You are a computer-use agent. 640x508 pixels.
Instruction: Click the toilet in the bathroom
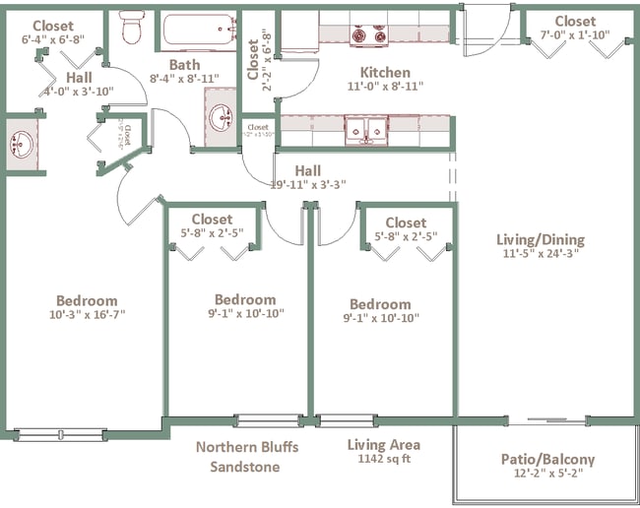(131, 30)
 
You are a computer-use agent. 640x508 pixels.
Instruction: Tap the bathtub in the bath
(200, 31)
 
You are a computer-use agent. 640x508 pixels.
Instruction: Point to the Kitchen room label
(385, 72)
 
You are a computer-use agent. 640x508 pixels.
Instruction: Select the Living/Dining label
(542, 239)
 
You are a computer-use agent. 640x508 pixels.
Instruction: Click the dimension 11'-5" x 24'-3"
(542, 253)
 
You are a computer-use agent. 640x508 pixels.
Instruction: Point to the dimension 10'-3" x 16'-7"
(86, 315)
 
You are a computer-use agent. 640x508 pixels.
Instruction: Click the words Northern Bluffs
(246, 447)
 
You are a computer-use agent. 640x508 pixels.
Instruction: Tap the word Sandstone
(246, 466)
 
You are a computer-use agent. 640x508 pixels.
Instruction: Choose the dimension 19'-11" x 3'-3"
(307, 184)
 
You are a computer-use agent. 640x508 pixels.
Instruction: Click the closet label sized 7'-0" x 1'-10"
(574, 35)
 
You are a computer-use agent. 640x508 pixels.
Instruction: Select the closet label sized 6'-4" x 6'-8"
(51, 40)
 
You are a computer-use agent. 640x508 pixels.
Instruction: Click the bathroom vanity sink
(222, 119)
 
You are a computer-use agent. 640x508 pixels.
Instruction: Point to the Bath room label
(183, 65)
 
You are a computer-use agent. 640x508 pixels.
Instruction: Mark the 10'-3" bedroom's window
(59, 434)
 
